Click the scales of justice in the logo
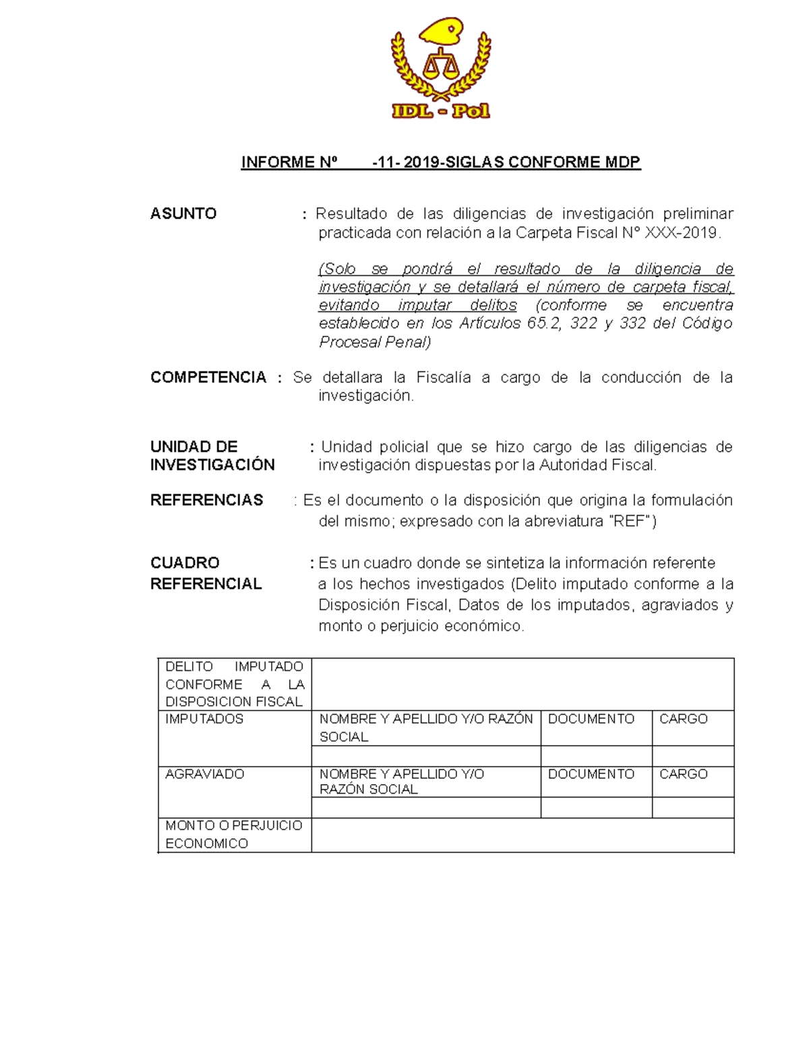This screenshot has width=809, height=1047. (x=440, y=65)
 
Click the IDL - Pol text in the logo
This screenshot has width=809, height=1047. (x=440, y=111)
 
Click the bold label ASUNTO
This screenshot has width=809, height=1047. (x=183, y=214)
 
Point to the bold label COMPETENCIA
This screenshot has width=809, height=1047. (x=208, y=378)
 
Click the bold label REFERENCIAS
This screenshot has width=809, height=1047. (x=206, y=500)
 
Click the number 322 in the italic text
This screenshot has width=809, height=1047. (x=583, y=324)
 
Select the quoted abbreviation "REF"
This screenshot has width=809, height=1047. (x=630, y=521)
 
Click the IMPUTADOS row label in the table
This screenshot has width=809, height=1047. (x=204, y=719)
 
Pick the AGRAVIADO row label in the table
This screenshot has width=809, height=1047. (x=204, y=775)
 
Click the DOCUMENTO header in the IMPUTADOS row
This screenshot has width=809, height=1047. (x=591, y=719)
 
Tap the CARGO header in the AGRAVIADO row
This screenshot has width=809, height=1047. (x=683, y=775)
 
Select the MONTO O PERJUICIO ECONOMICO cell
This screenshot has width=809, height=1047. (x=233, y=835)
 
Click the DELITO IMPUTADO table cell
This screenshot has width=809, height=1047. (x=234, y=684)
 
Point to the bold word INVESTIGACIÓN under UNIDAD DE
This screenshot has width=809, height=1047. (x=212, y=465)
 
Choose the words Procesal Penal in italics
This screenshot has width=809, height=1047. (x=374, y=342)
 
